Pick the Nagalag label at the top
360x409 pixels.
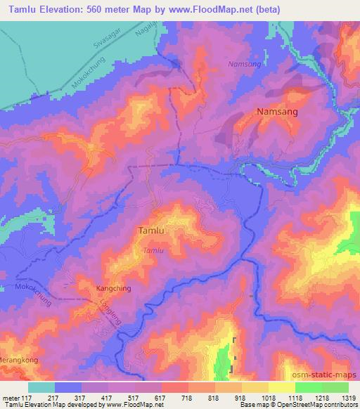pos(143,30)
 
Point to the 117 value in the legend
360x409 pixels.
pos(28,397)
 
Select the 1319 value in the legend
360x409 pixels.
pos(347,397)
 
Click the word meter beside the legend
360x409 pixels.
pos(11,397)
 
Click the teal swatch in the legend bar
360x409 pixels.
pos(41,387)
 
